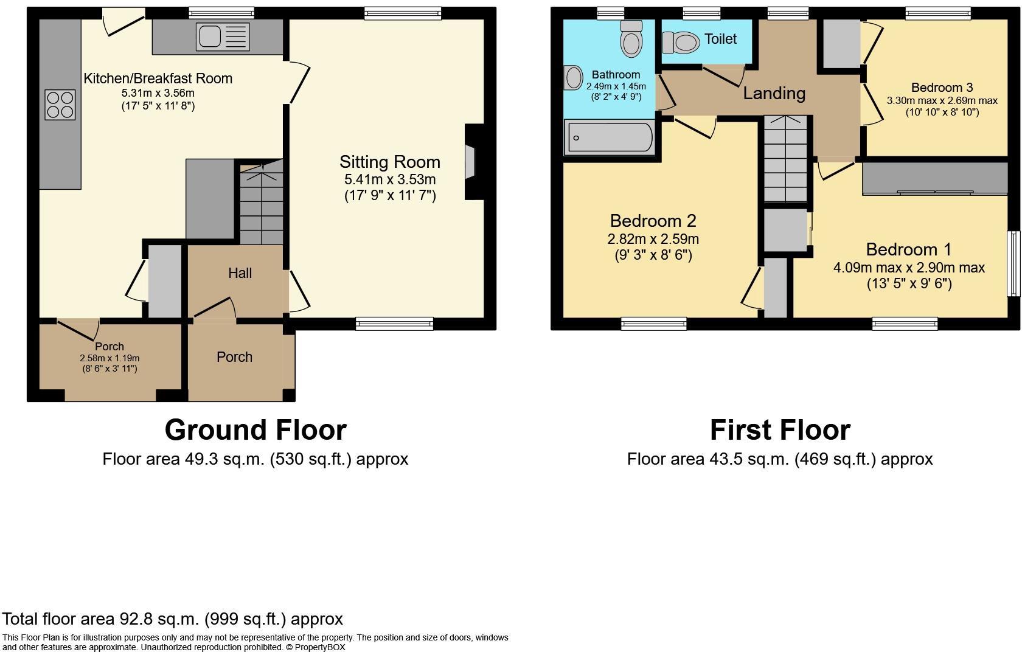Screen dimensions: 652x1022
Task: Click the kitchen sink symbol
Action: (x=223, y=36)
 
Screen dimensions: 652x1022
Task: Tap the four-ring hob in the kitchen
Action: (x=60, y=105)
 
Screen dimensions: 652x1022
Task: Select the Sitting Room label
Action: (x=389, y=162)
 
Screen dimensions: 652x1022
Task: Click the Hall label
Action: (x=240, y=273)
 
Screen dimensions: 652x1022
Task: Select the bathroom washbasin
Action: (x=573, y=78)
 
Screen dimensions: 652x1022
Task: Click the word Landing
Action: (x=774, y=93)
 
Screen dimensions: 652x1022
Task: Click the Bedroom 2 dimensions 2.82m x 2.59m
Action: (x=653, y=239)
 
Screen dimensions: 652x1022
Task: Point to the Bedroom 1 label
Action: (x=909, y=249)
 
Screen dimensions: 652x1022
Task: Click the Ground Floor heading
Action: (x=255, y=430)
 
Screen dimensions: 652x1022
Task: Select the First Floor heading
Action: (x=779, y=430)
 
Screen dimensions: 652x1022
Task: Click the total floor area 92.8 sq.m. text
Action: (x=172, y=619)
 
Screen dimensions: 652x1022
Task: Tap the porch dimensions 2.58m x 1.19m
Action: (x=109, y=358)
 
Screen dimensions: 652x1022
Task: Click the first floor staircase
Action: (x=785, y=159)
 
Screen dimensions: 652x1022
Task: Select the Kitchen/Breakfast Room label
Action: (x=158, y=78)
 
